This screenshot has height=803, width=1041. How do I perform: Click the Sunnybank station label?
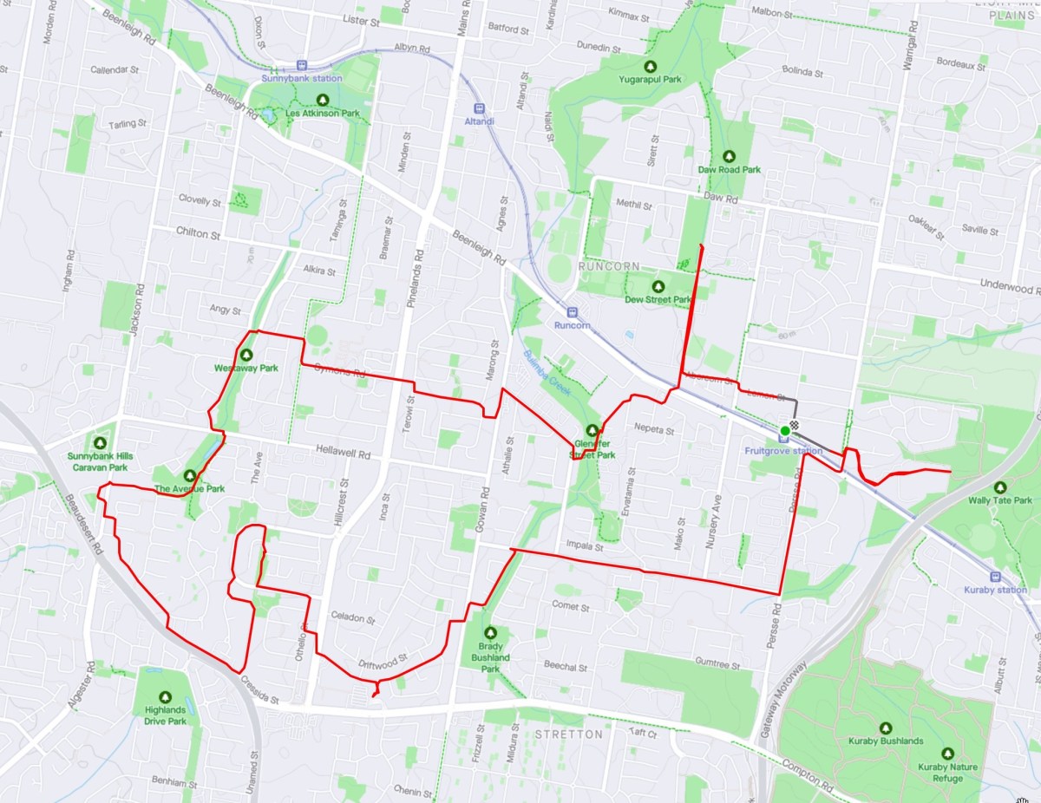(x=302, y=78)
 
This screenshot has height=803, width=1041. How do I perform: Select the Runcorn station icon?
(x=572, y=311)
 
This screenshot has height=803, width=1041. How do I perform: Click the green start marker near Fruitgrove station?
(x=784, y=430)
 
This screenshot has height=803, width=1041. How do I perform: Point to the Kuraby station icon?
(x=994, y=576)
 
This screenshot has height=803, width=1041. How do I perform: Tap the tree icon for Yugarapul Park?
(x=650, y=65)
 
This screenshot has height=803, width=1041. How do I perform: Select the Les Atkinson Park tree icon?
(x=324, y=100)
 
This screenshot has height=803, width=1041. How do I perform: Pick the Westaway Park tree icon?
(x=246, y=355)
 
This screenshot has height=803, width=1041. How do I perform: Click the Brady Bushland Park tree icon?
(x=490, y=633)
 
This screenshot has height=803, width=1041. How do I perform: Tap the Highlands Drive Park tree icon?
(x=166, y=697)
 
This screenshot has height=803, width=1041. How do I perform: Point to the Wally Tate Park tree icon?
(x=999, y=487)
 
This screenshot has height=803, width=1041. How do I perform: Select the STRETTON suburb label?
(x=569, y=734)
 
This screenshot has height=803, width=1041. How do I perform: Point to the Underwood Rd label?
(x=1009, y=284)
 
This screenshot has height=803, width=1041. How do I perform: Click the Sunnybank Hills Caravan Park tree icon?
(x=99, y=442)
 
